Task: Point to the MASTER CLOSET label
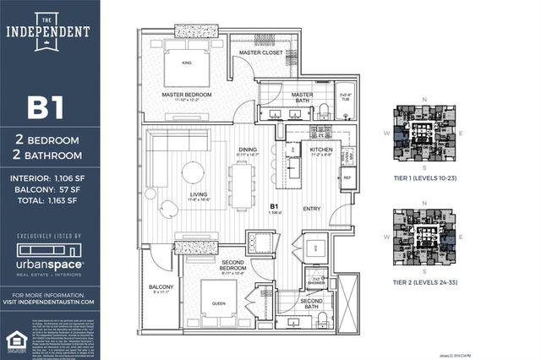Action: [260, 52]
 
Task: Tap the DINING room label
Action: [248, 150]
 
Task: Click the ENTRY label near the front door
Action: [312, 208]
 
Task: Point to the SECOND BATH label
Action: [312, 303]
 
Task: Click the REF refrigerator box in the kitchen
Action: [347, 178]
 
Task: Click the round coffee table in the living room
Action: [193, 172]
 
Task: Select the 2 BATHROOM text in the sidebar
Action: [49, 155]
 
